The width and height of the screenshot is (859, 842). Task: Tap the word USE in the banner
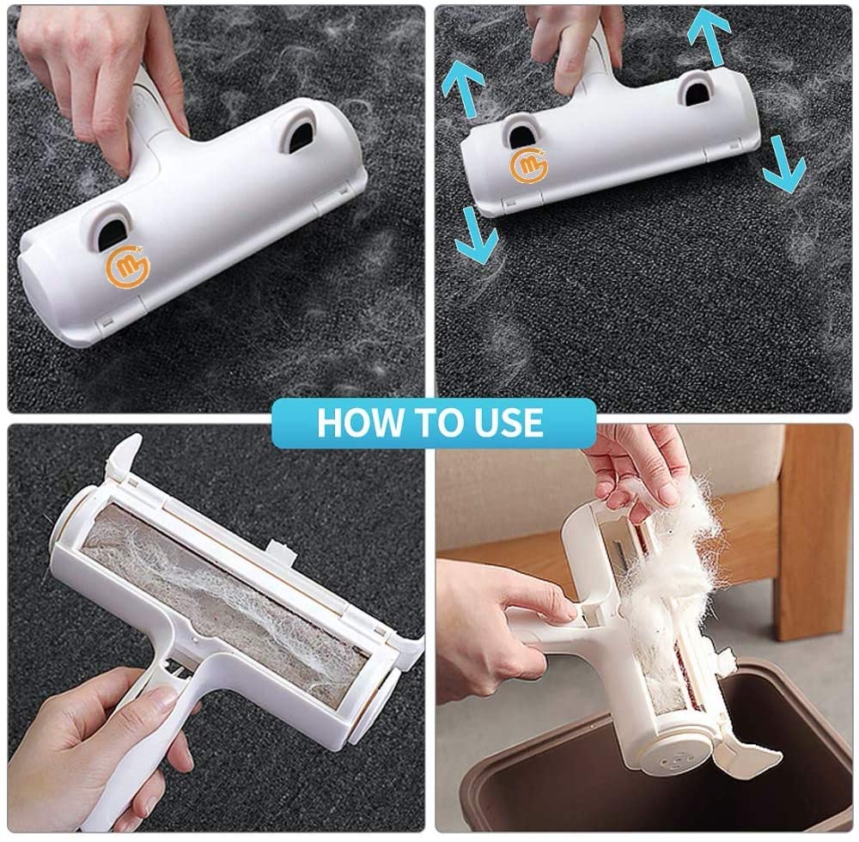pyautogui.click(x=505, y=423)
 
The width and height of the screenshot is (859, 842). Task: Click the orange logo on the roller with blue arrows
pyautogui.click(x=526, y=166)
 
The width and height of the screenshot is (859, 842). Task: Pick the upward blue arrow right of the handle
pyautogui.click(x=709, y=34)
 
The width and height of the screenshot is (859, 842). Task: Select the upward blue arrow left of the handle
pyautogui.click(x=464, y=90)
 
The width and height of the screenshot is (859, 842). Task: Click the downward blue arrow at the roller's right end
pyautogui.click(x=783, y=163)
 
